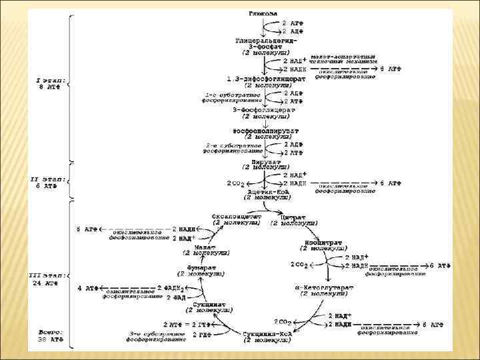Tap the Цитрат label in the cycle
pyautogui.click(x=293, y=219)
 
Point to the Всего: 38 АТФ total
pyautogui.click(x=50, y=335)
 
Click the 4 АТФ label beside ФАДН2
pyautogui.click(x=88, y=289)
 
